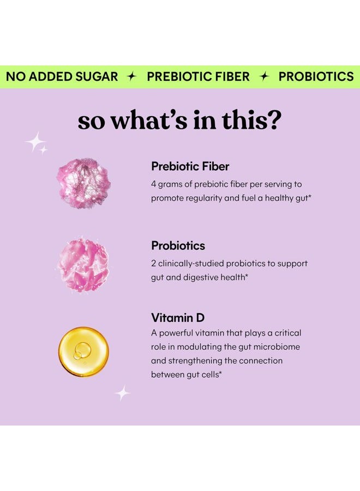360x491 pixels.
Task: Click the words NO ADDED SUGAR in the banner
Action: [x=62, y=77]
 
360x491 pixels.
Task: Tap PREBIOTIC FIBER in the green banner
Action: [x=198, y=77]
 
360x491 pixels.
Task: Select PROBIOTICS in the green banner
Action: [x=316, y=77]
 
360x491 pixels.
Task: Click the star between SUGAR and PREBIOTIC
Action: [x=131, y=77]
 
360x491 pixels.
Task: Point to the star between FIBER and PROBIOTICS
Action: [x=264, y=77]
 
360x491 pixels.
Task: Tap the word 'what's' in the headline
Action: [x=145, y=120]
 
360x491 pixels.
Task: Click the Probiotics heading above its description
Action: [x=178, y=245]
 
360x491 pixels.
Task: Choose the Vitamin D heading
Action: [x=178, y=318]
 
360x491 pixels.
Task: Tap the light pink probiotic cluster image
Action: [x=83, y=265]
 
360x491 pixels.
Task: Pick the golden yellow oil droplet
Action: [x=83, y=351]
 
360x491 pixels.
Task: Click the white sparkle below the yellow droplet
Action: [x=122, y=393]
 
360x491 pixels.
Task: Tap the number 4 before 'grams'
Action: [x=154, y=184]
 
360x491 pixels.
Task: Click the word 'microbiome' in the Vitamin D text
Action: [x=278, y=347]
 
